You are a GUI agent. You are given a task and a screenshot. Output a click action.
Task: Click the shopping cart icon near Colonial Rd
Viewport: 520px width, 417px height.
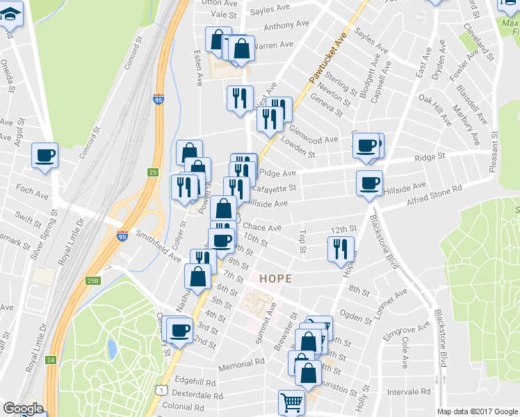pos(291,402)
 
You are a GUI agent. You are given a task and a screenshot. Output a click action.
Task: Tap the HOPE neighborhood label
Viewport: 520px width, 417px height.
pos(275,278)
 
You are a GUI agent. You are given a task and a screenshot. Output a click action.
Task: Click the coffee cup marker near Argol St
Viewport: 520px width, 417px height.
pos(45,156)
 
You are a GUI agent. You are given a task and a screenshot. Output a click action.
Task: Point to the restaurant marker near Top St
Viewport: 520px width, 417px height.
pos(341,248)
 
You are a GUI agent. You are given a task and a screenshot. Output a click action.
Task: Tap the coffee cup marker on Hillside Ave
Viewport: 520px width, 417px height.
pos(369,183)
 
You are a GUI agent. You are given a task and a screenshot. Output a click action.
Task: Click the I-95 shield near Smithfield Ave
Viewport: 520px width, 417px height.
pos(122,236)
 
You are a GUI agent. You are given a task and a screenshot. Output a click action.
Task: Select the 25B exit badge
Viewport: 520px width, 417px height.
pos(93,281)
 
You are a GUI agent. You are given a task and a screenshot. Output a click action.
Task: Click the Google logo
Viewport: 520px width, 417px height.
pos(23,409)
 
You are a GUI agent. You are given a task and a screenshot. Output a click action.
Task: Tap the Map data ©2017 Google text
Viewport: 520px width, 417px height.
pos(477,411)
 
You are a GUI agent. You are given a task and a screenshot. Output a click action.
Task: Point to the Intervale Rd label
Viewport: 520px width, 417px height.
pos(411,391)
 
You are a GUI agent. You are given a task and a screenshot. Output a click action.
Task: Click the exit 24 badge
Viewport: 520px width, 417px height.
pos(51,360)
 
